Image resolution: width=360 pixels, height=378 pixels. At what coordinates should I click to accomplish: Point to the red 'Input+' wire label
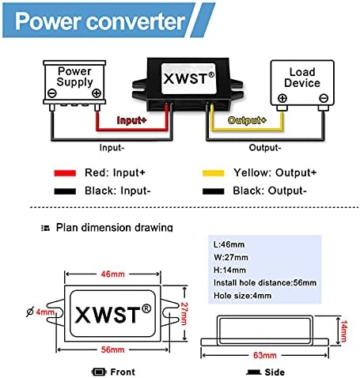[x=133, y=121]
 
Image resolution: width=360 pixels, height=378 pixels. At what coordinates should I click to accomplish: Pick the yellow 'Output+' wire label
[x=248, y=121]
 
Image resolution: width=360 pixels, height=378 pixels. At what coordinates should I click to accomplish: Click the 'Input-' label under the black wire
[x=114, y=147]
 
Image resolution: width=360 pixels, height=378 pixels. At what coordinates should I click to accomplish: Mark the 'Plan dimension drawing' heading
[x=113, y=228]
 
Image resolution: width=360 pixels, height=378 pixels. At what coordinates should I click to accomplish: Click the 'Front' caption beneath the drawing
[x=122, y=372]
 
